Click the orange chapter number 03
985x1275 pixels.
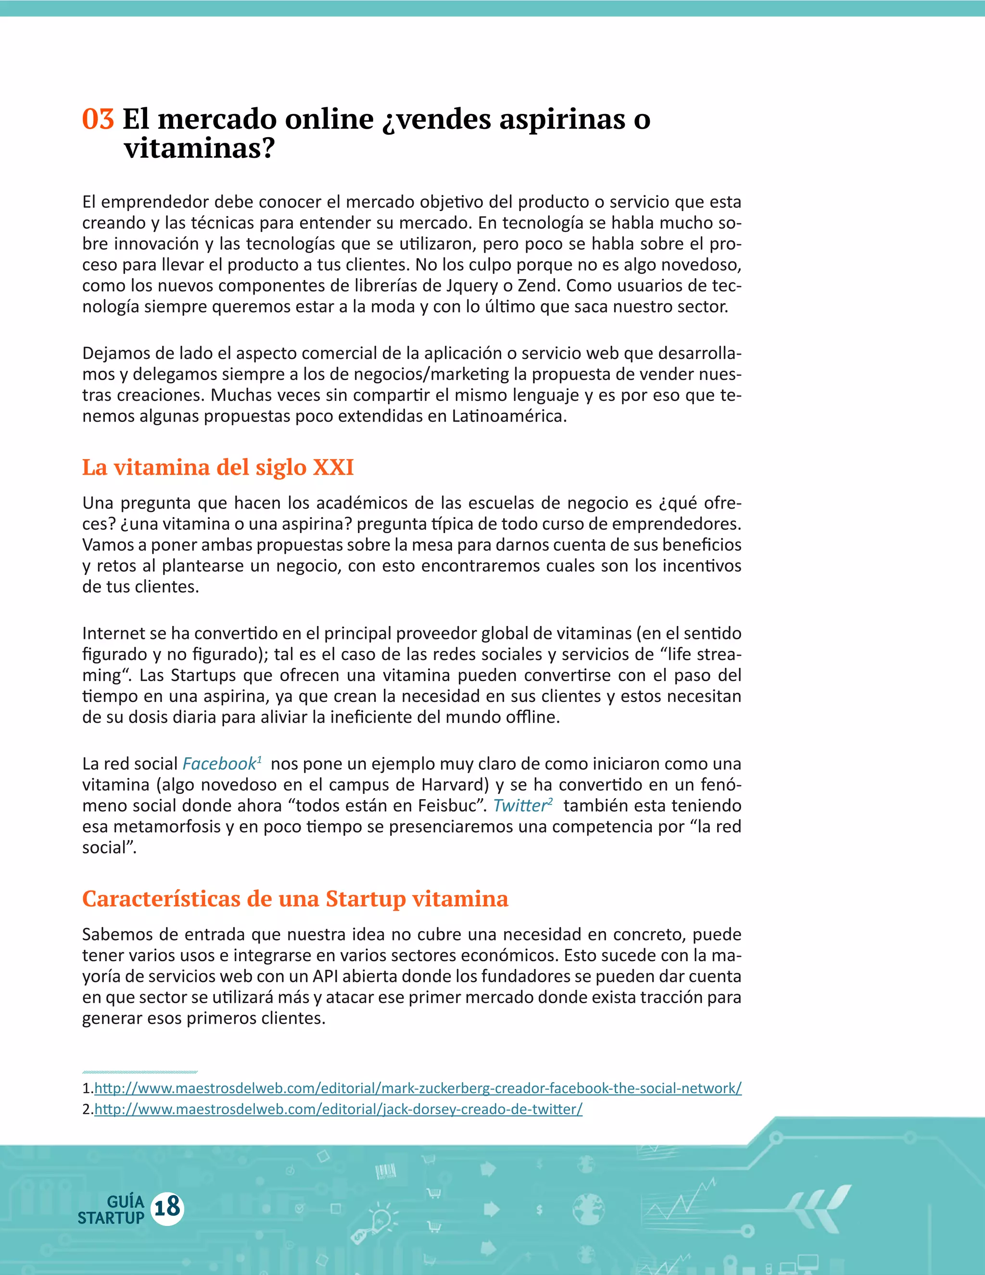98,119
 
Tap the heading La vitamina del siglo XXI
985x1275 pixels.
218,468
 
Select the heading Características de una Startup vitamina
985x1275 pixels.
295,899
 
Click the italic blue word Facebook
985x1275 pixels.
219,764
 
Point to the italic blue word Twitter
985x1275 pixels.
520,805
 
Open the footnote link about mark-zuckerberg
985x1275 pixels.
418,1088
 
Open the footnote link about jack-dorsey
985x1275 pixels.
339,1109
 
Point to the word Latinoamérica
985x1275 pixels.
509,416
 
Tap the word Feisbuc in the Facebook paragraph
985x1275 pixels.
443,805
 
